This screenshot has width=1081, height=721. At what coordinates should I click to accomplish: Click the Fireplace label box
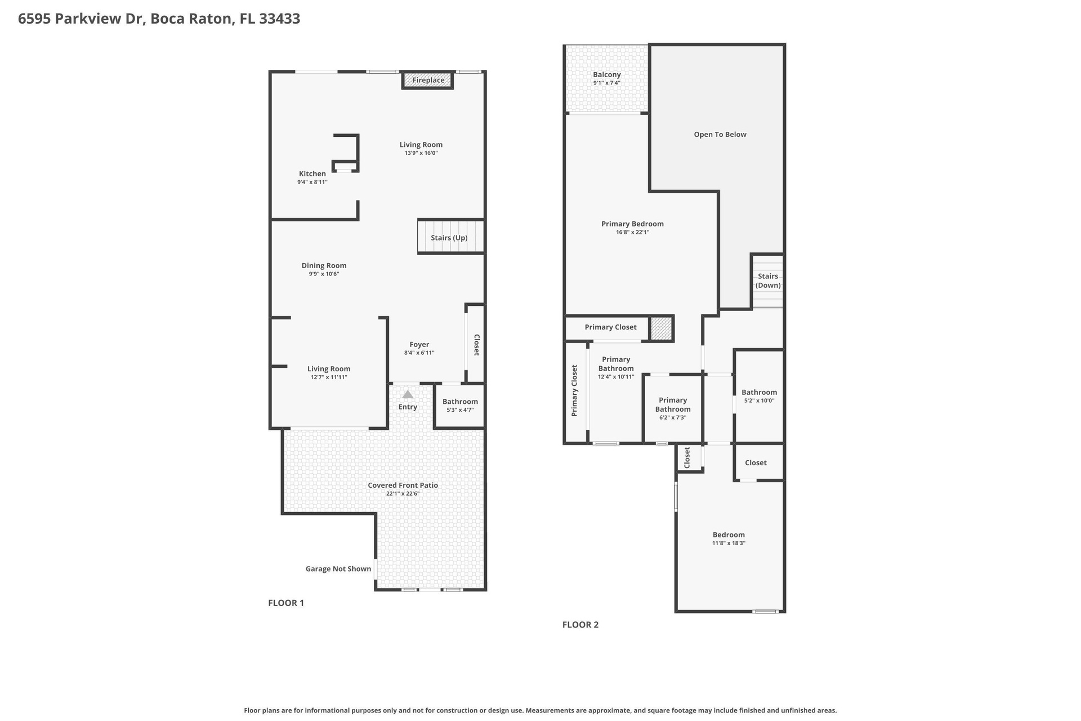click(428, 80)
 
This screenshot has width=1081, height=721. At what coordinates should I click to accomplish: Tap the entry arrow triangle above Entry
click(408, 394)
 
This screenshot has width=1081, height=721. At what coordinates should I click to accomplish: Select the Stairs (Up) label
click(449, 238)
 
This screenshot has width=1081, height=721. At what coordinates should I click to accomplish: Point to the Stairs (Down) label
click(768, 281)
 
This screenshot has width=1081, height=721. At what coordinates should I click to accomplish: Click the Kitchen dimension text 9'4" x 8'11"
click(312, 183)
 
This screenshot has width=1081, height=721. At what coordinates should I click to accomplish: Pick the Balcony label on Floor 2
click(606, 74)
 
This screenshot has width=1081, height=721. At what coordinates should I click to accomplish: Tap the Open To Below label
click(720, 134)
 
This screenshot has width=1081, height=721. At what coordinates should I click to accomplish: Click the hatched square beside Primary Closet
click(661, 328)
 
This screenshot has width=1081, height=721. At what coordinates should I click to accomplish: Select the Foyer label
click(419, 344)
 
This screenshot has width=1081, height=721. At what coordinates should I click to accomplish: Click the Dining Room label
click(324, 265)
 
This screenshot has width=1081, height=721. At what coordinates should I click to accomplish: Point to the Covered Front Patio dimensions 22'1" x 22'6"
click(403, 494)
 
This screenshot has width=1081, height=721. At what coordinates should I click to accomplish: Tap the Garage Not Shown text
click(338, 569)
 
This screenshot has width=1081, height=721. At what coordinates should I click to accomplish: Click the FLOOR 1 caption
click(286, 603)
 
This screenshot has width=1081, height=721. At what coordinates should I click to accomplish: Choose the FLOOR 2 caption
click(580, 625)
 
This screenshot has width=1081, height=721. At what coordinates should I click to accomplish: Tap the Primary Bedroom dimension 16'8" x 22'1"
click(632, 232)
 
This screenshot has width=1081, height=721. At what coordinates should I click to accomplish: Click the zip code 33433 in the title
click(279, 19)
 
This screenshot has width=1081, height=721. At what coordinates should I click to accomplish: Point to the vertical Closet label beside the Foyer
click(476, 345)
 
